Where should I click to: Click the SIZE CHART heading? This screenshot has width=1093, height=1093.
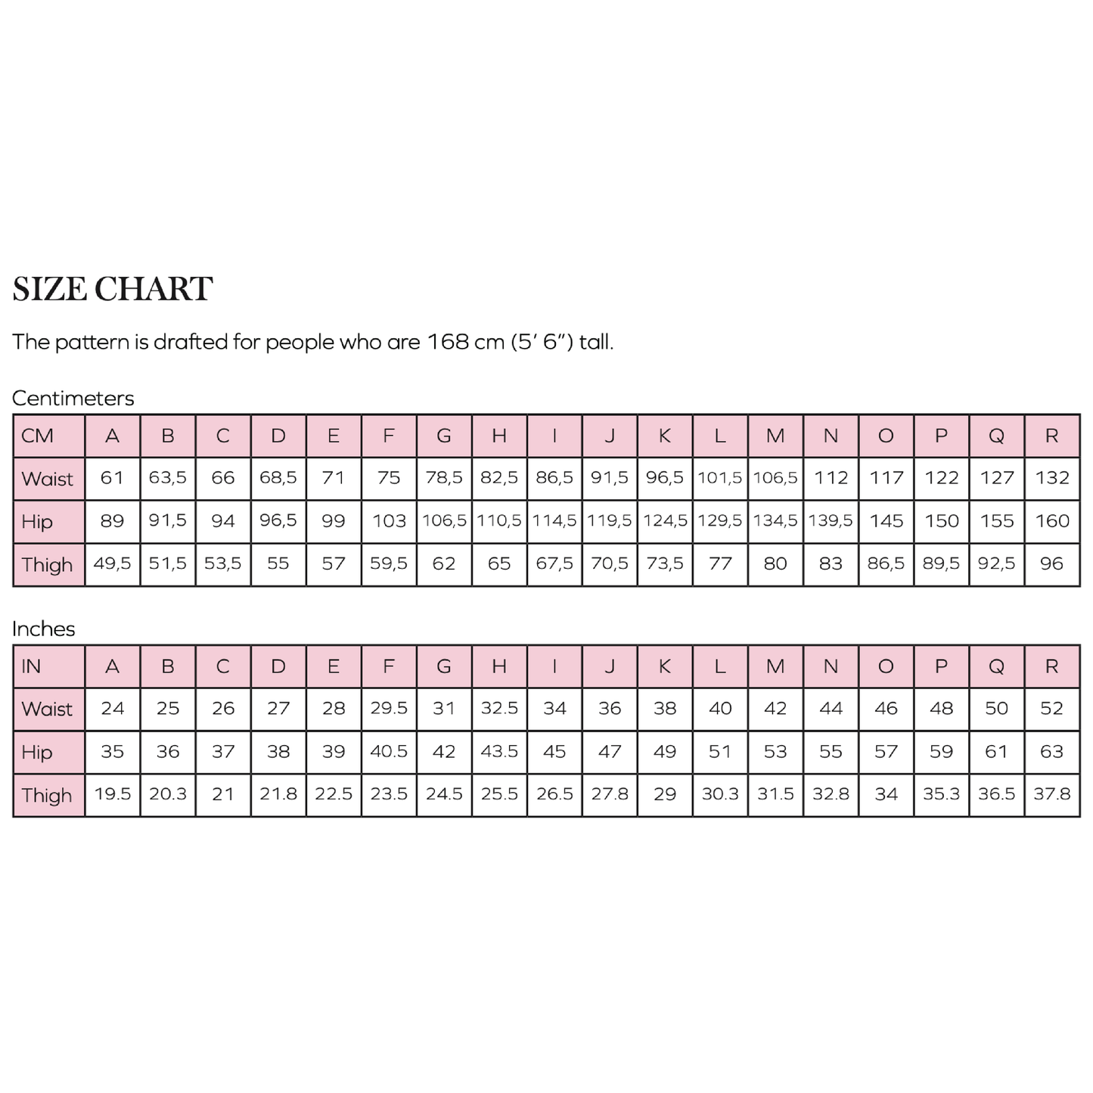click(x=113, y=290)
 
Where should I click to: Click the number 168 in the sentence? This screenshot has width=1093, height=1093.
click(x=448, y=342)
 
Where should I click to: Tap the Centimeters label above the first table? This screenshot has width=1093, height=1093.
click(x=73, y=399)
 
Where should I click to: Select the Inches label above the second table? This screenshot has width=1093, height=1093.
click(x=44, y=629)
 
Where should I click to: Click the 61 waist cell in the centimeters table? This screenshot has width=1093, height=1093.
click(x=112, y=478)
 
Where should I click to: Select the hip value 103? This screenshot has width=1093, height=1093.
click(x=389, y=521)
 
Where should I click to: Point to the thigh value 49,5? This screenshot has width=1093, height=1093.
click(x=112, y=564)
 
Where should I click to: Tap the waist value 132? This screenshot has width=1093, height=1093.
click(x=1052, y=478)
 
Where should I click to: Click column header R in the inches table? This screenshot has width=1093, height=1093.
click(x=1052, y=667)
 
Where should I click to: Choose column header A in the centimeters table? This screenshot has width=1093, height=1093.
click(x=112, y=436)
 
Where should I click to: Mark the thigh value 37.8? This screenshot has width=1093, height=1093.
click(x=1052, y=795)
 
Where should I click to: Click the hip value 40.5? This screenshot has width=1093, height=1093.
click(x=389, y=752)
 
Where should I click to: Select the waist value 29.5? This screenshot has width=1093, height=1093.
click(x=389, y=709)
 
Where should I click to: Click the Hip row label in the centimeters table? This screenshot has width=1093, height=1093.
click(x=37, y=522)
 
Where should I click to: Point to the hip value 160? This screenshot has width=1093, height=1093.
click(x=1052, y=521)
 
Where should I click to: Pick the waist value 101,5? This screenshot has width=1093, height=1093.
click(x=720, y=478)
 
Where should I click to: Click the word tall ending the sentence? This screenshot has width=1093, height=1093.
click(x=596, y=342)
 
